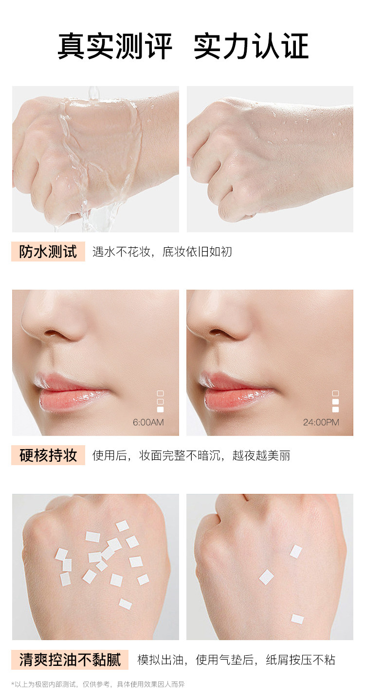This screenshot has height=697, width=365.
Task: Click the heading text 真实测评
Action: (114, 46)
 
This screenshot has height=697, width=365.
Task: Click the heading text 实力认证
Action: (251, 46)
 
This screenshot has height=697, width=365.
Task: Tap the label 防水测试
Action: (48, 251)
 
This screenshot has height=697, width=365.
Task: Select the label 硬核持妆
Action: (48, 455)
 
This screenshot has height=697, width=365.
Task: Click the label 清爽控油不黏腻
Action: (70, 660)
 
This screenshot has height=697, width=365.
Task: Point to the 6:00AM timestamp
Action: (148, 422)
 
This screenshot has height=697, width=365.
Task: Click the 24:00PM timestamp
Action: (321, 422)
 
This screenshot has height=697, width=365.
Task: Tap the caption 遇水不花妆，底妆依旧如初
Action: (162, 252)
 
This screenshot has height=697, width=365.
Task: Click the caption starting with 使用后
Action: (191, 455)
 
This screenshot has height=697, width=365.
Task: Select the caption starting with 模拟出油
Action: (237, 660)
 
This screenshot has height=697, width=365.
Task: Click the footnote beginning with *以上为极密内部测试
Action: (98, 684)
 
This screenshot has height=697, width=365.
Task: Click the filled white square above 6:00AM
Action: (161, 409)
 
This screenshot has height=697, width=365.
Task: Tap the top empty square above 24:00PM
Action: (335, 393)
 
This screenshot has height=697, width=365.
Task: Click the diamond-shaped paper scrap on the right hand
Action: (266, 577)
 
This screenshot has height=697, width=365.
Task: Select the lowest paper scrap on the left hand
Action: (126, 604)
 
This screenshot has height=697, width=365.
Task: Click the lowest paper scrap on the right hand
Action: (297, 619)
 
